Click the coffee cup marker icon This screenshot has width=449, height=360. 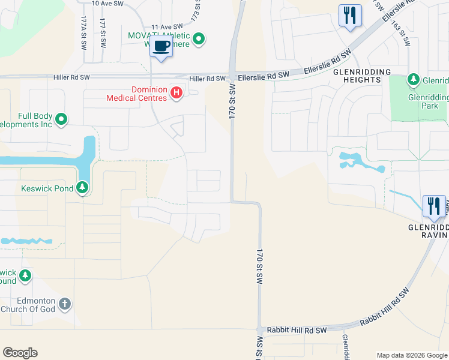click(x=161, y=46)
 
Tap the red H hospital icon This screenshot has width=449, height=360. click(x=176, y=92)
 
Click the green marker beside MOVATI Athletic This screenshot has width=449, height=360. click(x=200, y=40)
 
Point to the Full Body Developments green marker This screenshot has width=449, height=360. click(x=61, y=121)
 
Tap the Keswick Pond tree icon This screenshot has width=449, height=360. click(x=83, y=188)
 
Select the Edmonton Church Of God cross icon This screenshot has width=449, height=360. click(x=65, y=305)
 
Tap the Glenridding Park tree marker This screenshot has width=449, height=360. click(x=413, y=79)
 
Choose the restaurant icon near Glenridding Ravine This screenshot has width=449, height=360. click(x=434, y=205)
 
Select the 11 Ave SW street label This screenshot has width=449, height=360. click(x=166, y=27)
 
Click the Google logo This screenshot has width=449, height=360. click(x=20, y=353)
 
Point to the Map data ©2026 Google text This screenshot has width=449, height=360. click(x=411, y=355)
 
